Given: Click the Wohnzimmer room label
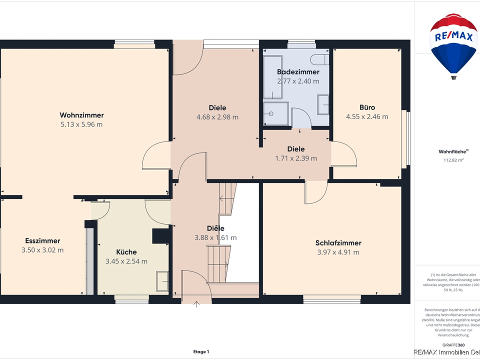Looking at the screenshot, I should point(81,115).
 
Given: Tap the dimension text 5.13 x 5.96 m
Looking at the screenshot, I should point(81,124).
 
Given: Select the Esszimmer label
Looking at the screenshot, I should point(42,240).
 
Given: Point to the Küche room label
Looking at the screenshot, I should point(126,252).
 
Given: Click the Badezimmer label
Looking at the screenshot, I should point(298,72).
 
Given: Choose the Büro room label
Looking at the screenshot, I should point(367,107).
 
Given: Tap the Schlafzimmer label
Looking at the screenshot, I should point(338,243).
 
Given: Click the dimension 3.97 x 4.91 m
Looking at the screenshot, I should point(338,252).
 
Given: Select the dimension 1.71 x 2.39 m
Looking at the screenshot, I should point(296,158).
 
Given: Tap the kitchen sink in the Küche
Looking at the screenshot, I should point(162,280).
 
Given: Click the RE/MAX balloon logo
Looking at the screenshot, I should point(453,45).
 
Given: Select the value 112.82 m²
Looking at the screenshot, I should point(453,160).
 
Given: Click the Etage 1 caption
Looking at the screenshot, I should point(201,351).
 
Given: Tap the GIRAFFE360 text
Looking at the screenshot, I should point(453,344).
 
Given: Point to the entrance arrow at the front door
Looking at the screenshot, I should point(196,304).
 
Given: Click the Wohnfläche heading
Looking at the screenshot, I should point(452,151).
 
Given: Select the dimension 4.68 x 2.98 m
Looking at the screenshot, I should point(217,117).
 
